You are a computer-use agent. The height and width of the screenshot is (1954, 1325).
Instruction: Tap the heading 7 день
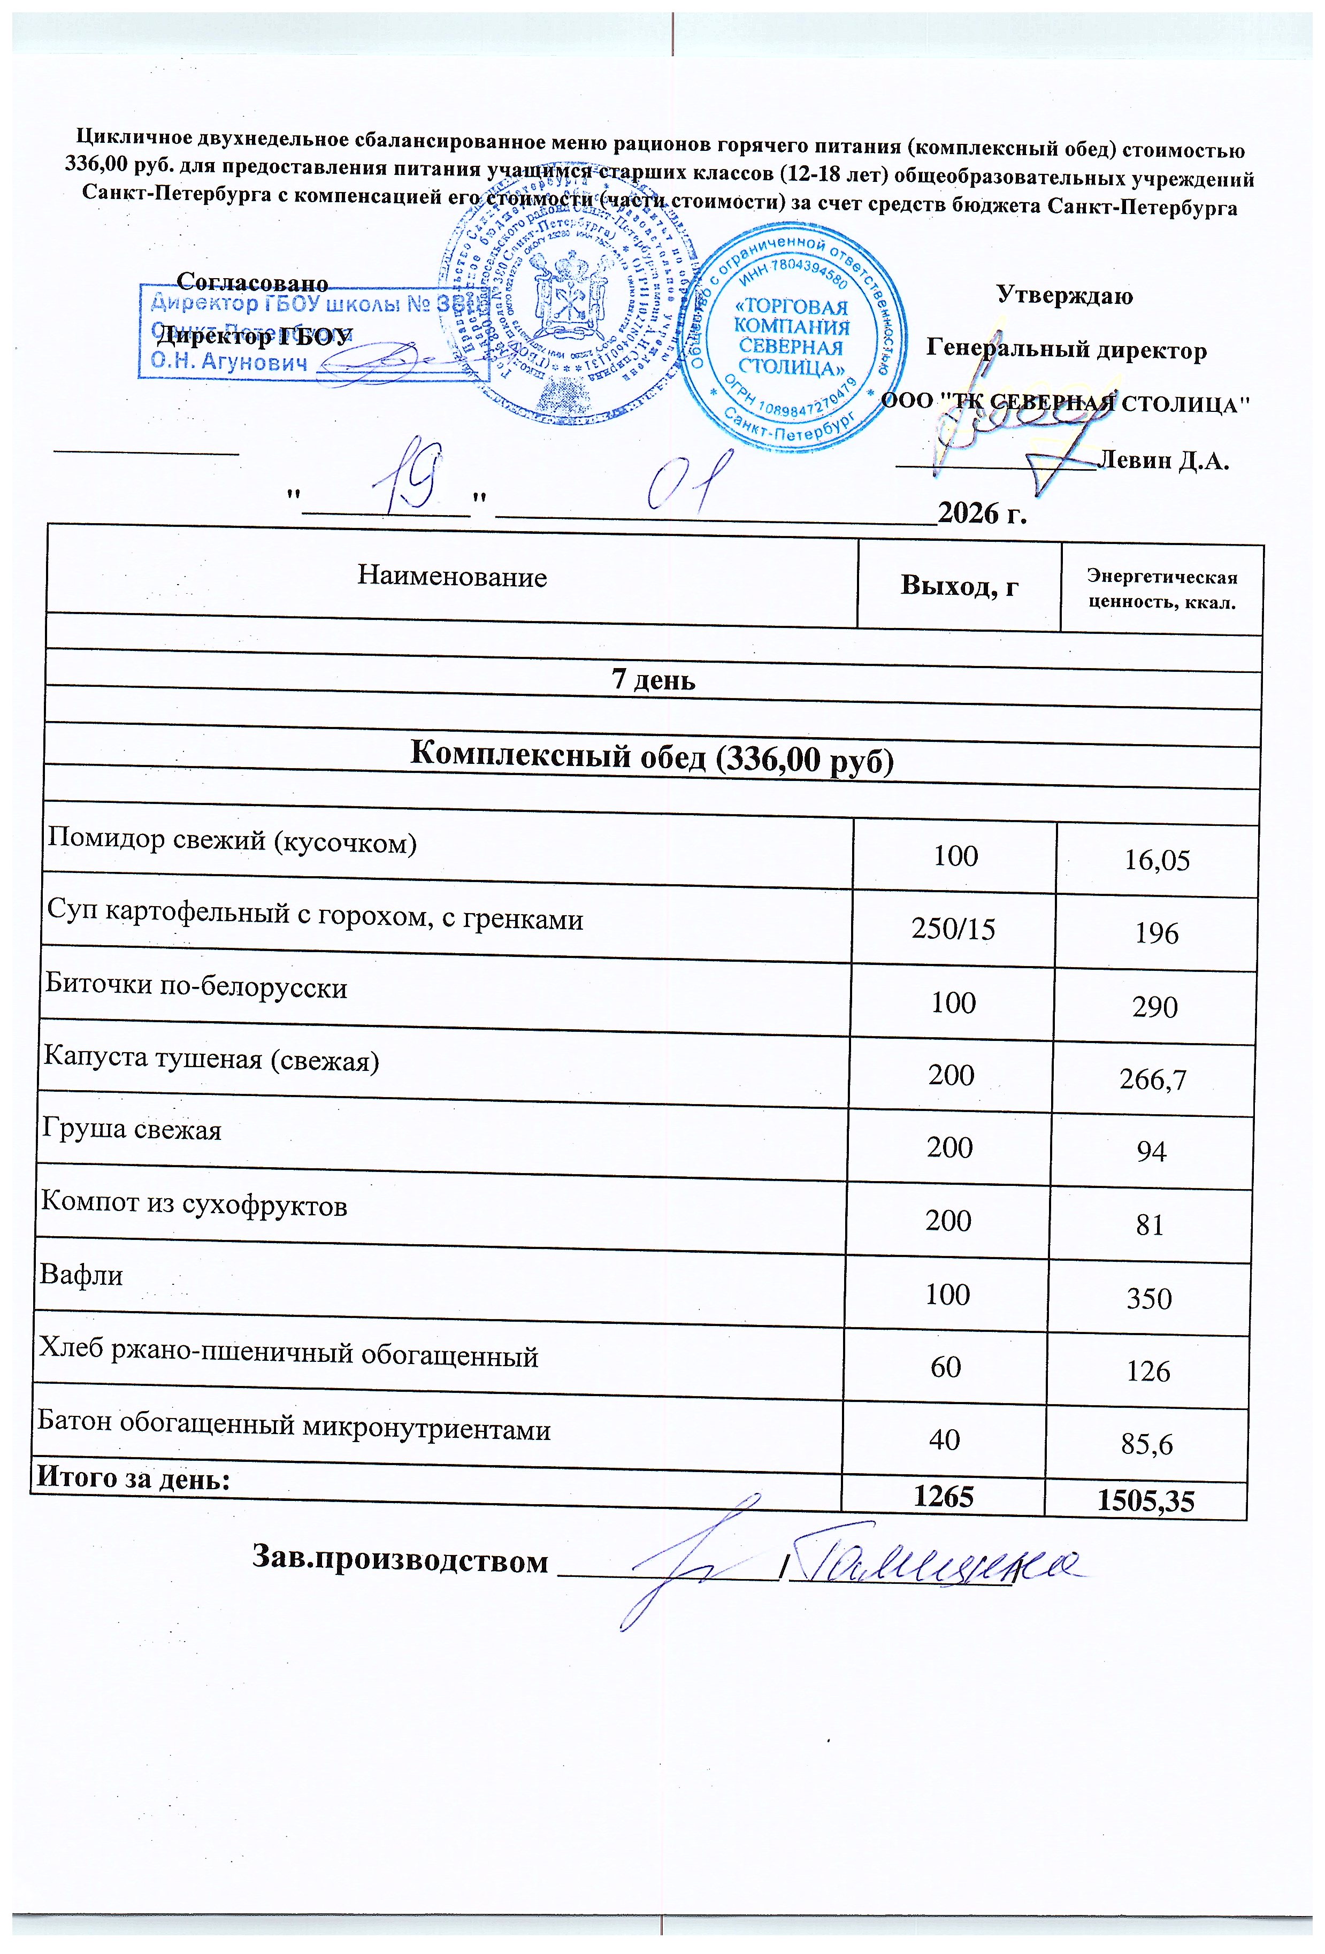(x=653, y=679)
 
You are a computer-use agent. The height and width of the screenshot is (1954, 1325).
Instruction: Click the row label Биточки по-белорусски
(x=196, y=986)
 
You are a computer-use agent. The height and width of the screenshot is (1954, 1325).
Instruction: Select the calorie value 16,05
(x=1157, y=860)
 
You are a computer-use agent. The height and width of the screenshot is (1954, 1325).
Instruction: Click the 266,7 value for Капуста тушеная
(x=1153, y=1079)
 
